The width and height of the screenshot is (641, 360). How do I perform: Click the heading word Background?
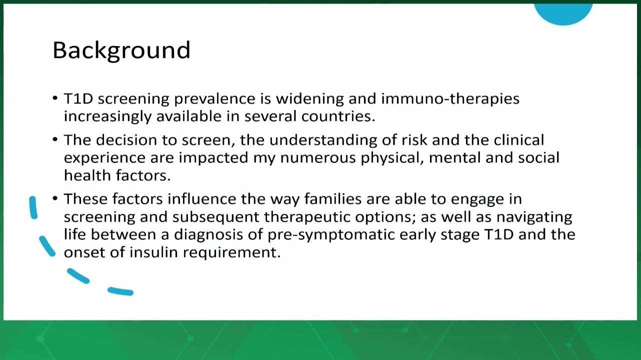(121, 51)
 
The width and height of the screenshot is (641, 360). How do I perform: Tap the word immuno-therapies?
(450, 99)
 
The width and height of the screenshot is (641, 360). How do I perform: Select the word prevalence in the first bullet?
(214, 99)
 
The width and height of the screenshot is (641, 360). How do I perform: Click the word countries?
(338, 116)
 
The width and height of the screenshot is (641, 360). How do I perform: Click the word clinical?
(518, 140)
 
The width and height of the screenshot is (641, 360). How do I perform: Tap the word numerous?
(318, 158)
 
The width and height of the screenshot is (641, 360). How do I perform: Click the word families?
(333, 199)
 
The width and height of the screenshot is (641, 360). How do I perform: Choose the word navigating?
(534, 217)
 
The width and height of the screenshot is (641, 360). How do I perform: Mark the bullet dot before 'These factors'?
(55, 198)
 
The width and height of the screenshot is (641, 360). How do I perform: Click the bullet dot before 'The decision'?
(55, 139)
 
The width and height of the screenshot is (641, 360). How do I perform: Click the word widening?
(309, 99)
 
